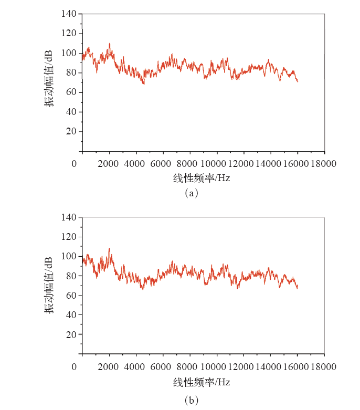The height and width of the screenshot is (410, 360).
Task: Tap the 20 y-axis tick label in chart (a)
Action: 71,131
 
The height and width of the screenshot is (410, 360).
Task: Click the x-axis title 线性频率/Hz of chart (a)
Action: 202,178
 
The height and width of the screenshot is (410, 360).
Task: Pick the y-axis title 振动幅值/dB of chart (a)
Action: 48,79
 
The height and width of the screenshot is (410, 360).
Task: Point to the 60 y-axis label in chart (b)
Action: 71,296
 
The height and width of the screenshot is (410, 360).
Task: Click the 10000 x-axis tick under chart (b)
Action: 216,367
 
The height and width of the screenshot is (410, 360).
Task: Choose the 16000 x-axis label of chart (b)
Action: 297,367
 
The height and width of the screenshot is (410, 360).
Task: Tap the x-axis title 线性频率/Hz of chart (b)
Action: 202,382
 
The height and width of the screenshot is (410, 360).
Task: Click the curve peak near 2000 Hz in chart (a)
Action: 110,44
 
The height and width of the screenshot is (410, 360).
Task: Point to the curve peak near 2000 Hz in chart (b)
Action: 109,248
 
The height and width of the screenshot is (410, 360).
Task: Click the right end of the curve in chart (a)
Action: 298,82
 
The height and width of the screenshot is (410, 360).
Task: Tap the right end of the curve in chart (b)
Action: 298,288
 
